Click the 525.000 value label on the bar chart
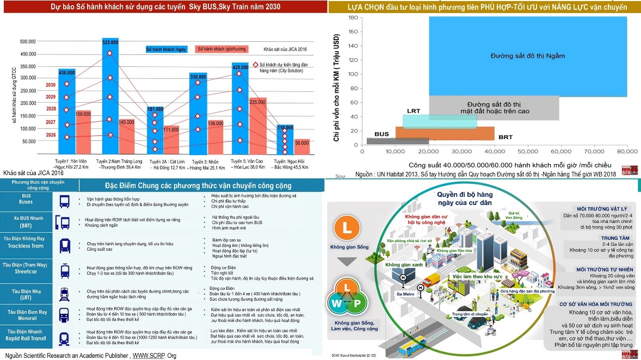point(110,42)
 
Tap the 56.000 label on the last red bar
point(301,142)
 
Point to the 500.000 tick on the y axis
point(28,41)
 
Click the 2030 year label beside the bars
point(51,85)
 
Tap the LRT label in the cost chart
point(414,111)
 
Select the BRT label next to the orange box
point(506,137)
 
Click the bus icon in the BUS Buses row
point(65,202)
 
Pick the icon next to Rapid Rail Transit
point(65,338)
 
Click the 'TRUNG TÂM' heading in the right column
point(616,238)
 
